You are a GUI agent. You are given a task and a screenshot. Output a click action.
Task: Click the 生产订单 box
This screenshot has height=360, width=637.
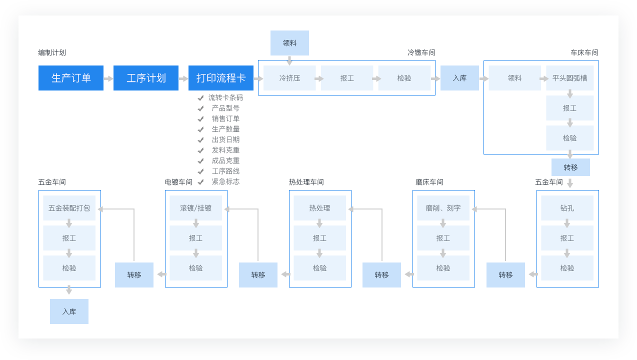pyautogui.click(x=71, y=78)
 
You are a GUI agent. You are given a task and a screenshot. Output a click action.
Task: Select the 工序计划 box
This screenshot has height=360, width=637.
pyautogui.click(x=146, y=78)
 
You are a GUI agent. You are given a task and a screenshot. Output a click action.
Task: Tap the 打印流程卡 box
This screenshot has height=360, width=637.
pyautogui.click(x=221, y=78)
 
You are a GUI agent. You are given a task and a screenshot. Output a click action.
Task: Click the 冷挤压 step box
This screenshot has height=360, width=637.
pyautogui.click(x=289, y=78)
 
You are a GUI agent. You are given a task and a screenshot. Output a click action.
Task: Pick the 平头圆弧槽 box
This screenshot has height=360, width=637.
pyautogui.click(x=569, y=78)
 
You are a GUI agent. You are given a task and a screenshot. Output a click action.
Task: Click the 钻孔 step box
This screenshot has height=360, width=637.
pyautogui.click(x=567, y=208)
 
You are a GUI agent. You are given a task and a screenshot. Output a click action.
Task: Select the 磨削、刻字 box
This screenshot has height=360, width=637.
pyautogui.click(x=443, y=208)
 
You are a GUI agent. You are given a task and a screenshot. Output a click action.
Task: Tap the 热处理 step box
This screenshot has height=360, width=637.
pyautogui.click(x=319, y=208)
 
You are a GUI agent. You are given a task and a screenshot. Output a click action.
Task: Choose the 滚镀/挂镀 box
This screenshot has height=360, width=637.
pyautogui.click(x=195, y=208)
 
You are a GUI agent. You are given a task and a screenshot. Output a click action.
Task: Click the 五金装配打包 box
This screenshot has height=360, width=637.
pyautogui.click(x=69, y=208)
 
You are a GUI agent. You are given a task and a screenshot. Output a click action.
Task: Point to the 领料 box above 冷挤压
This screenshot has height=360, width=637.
pyautogui.click(x=289, y=43)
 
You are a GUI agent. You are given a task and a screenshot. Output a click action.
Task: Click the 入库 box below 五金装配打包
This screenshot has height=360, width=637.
pyautogui.click(x=69, y=311)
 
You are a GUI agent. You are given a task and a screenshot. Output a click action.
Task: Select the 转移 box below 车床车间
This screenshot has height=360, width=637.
pyautogui.click(x=570, y=167)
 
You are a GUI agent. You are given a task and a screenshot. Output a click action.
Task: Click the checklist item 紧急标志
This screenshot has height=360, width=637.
pyautogui.click(x=225, y=181)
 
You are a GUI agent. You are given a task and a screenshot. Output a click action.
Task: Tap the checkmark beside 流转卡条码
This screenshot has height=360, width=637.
pyautogui.click(x=200, y=98)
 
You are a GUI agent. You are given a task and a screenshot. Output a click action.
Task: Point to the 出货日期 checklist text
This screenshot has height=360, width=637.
pyautogui.click(x=225, y=139)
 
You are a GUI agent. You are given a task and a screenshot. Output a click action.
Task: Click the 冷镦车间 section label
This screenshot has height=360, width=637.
pyautogui.click(x=421, y=52)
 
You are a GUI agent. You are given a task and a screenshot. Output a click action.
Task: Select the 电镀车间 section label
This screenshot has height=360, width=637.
pyautogui.click(x=178, y=182)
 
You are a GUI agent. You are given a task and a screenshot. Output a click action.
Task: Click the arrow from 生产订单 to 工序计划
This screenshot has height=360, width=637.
pyautogui.click(x=108, y=78)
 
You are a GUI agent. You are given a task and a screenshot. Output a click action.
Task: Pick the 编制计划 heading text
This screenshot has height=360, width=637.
pyautogui.click(x=52, y=52)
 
